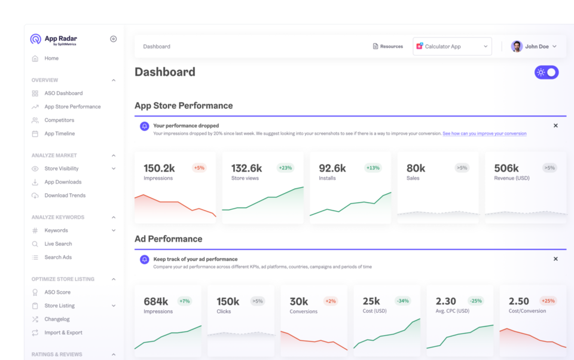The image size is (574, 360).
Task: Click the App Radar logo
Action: click(x=53, y=39)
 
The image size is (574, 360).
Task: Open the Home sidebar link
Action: click(x=51, y=59)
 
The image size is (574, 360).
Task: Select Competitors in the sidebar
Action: click(x=59, y=120)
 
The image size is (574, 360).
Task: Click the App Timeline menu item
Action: click(x=59, y=134)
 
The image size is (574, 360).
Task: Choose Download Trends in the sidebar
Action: click(x=65, y=196)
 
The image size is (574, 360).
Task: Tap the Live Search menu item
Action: click(x=58, y=244)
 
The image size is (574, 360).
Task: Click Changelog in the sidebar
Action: click(x=57, y=319)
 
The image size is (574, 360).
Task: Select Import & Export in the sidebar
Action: click(x=63, y=332)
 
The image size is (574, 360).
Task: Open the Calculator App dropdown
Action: click(x=452, y=47)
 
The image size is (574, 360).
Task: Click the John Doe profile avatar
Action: click(x=517, y=47)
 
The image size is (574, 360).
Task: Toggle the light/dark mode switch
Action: click(x=546, y=72)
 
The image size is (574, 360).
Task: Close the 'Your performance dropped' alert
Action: click(x=555, y=126)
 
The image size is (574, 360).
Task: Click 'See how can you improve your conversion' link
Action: click(x=484, y=134)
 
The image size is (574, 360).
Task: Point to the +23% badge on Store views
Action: click(x=285, y=168)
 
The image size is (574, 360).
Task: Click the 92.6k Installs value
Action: click(x=332, y=168)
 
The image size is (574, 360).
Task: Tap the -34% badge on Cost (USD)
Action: click(x=402, y=301)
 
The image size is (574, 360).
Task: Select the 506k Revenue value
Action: click(x=506, y=168)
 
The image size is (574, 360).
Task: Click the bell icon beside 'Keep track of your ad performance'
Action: click(x=144, y=260)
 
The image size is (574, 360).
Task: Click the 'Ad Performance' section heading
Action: click(x=168, y=239)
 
